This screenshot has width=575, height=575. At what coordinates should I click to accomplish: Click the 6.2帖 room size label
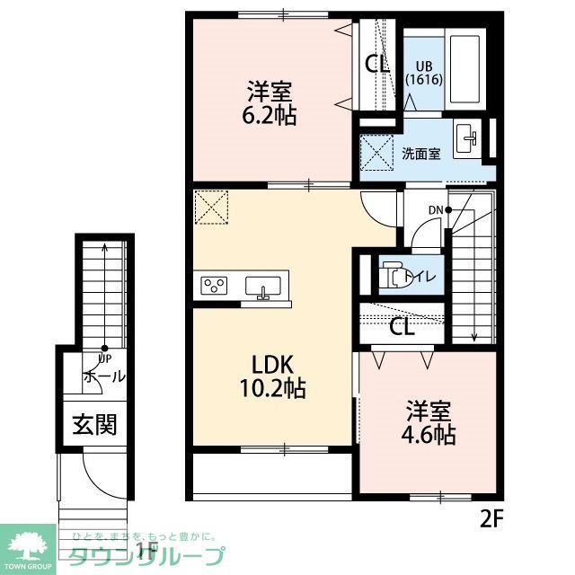272,104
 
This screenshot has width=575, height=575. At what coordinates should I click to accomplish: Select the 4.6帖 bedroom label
427,423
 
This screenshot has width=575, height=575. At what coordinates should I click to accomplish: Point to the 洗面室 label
420,153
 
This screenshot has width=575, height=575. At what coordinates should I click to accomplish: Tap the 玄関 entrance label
94,424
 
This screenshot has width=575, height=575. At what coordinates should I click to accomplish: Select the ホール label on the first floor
103,376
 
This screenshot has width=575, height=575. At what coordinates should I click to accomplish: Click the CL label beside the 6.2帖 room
377,64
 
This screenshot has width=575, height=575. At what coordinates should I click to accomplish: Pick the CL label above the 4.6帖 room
402,327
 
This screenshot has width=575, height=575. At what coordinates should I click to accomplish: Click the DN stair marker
437,211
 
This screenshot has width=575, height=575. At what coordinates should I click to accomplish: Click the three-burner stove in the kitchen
216,286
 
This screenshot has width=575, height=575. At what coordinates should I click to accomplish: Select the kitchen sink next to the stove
262,287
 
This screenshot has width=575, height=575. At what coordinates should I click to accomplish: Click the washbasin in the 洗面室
468,138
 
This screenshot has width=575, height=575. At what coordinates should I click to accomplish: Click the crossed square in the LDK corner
212,208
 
